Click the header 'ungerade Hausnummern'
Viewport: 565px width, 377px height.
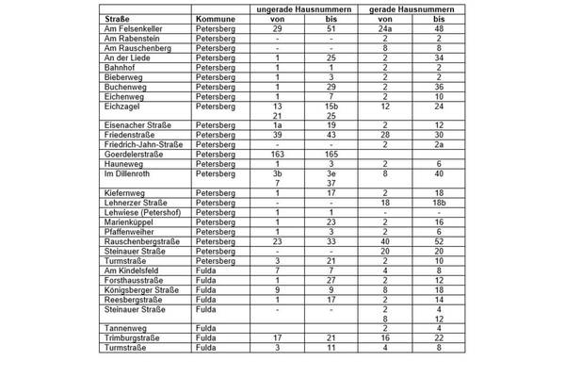point(304,8)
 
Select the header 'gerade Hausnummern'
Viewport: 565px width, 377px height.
point(412,8)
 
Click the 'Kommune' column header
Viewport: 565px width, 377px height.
point(214,19)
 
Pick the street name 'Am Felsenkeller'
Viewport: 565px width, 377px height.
point(136,29)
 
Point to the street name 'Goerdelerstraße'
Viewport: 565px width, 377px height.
point(137,154)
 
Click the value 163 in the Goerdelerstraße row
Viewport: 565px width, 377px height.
point(277,154)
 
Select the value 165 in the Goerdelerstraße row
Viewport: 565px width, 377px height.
point(331,154)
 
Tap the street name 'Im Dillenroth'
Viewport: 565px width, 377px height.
point(129,173)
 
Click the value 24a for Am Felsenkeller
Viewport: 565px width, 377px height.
point(386,29)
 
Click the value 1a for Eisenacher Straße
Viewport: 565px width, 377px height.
point(277,124)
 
